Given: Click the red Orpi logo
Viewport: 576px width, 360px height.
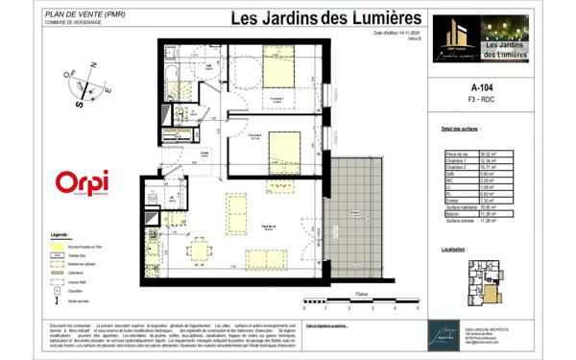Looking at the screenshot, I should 82,182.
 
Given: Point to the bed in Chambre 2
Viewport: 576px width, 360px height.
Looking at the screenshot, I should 286,148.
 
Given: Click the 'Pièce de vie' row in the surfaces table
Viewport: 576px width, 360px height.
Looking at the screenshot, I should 457,153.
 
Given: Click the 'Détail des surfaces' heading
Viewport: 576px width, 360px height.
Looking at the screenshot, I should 459,128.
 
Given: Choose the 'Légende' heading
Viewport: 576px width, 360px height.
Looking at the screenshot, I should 60,233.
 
